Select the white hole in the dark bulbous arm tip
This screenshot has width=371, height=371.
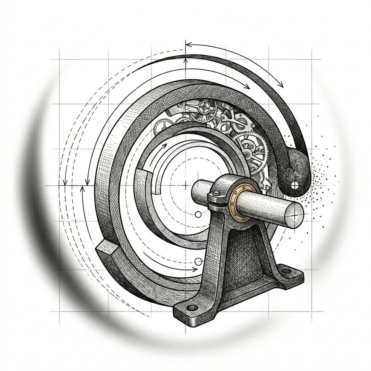tap(295, 185)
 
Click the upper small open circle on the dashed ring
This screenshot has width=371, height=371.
tap(198, 214)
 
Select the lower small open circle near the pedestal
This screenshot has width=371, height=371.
tap(198, 259)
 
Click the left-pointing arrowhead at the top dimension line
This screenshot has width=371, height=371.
tap(188, 45)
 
